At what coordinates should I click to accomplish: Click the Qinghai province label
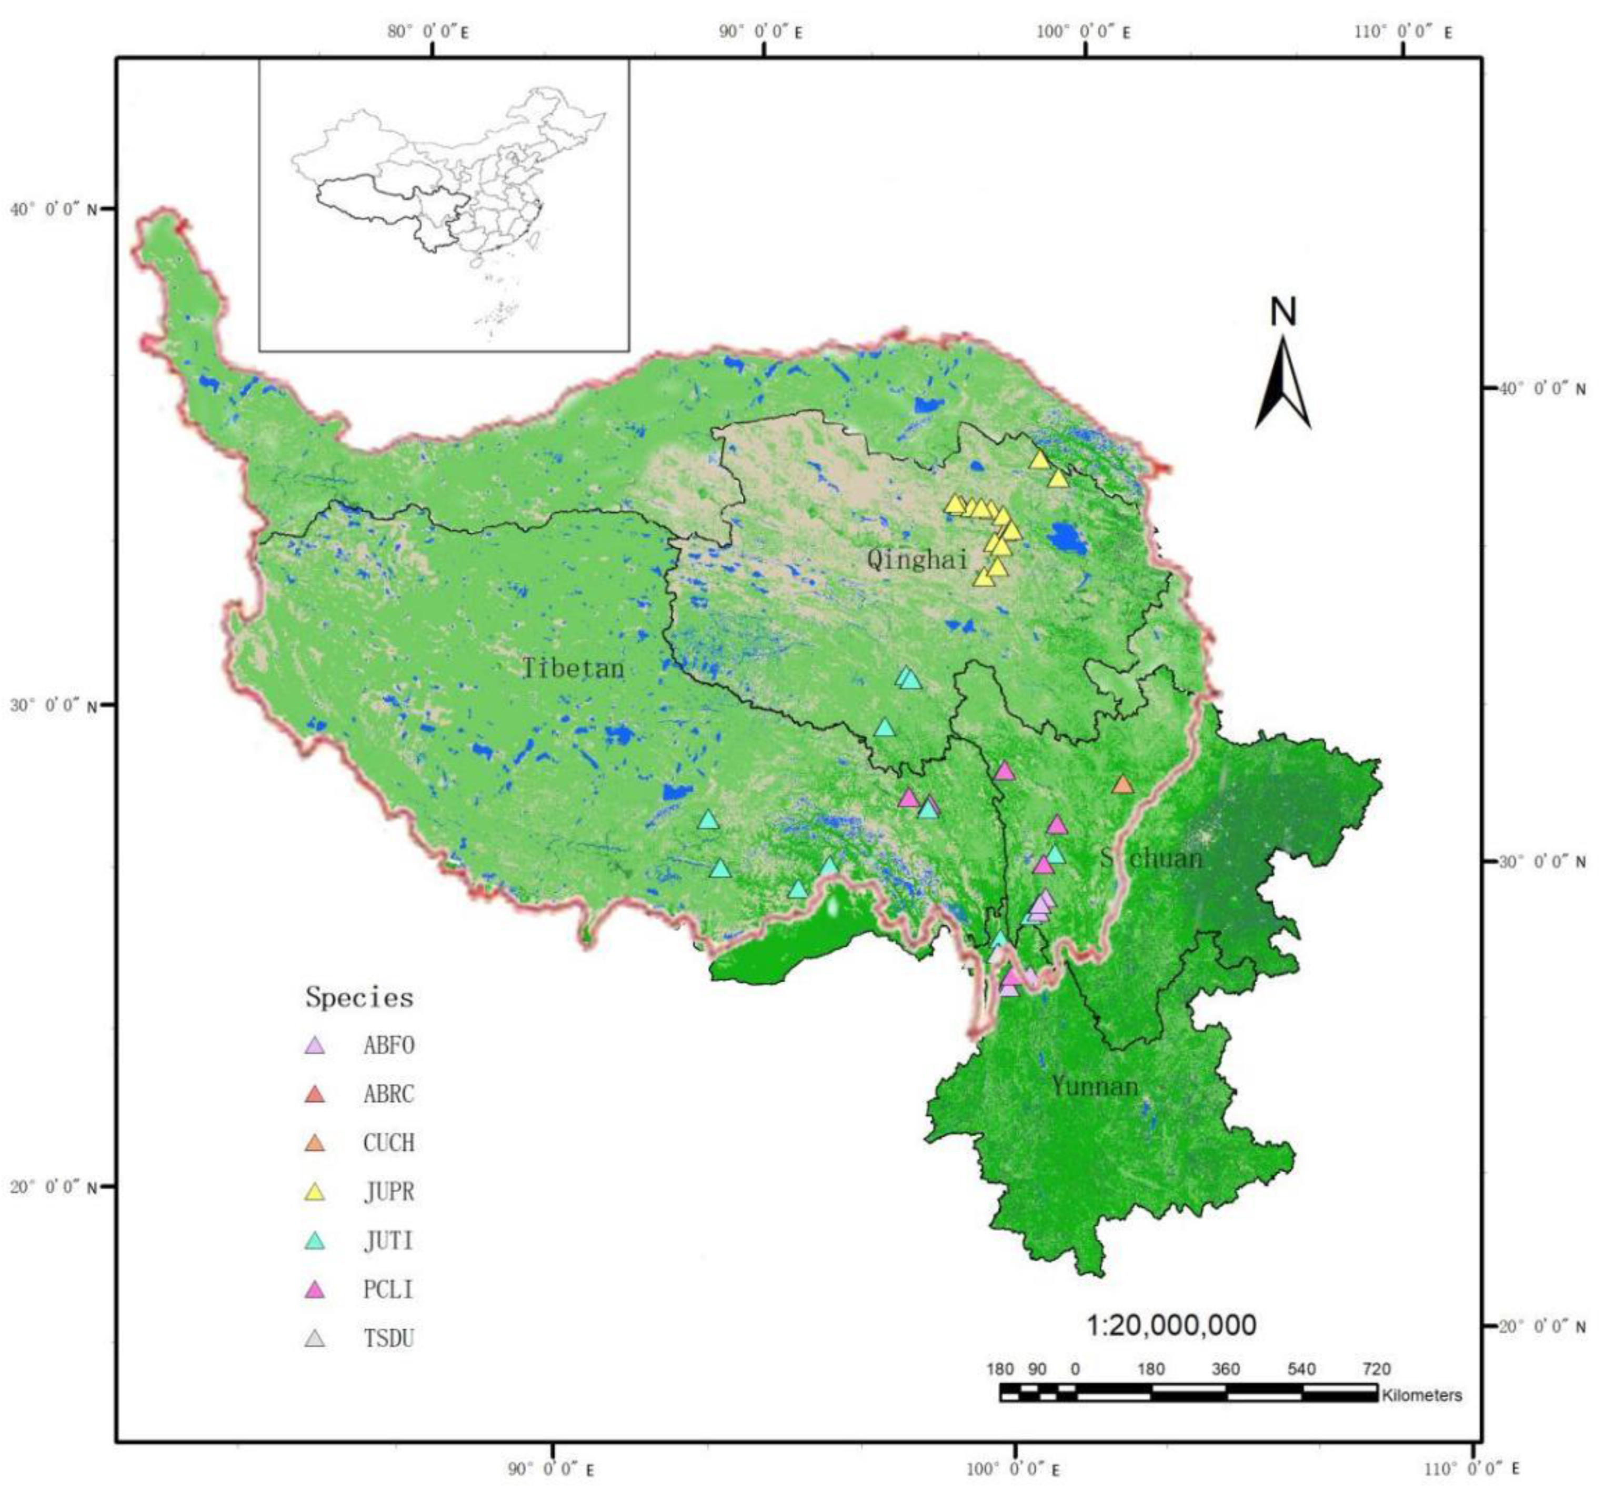(917, 558)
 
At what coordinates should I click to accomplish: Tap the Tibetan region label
(573, 668)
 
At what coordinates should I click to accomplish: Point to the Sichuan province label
(1152, 858)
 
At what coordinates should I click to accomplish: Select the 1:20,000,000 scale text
(1171, 1325)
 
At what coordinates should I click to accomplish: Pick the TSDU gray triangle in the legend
(315, 1339)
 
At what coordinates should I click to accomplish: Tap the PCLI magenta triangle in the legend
(315, 1290)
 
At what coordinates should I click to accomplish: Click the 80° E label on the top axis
(428, 32)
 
